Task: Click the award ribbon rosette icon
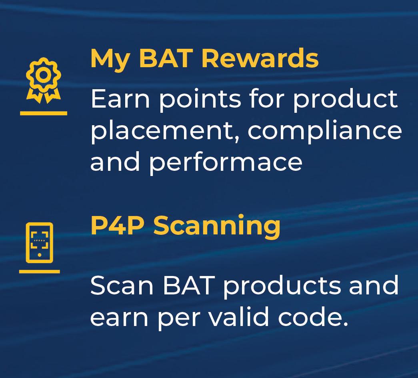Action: point(44,80)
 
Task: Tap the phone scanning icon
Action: point(40,242)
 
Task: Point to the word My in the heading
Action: point(110,60)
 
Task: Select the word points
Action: point(200,100)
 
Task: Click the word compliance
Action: point(325,132)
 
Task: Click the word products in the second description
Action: point(282,287)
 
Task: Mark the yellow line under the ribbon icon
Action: point(44,113)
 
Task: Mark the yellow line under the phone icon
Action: point(40,272)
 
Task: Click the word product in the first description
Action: point(346,100)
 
